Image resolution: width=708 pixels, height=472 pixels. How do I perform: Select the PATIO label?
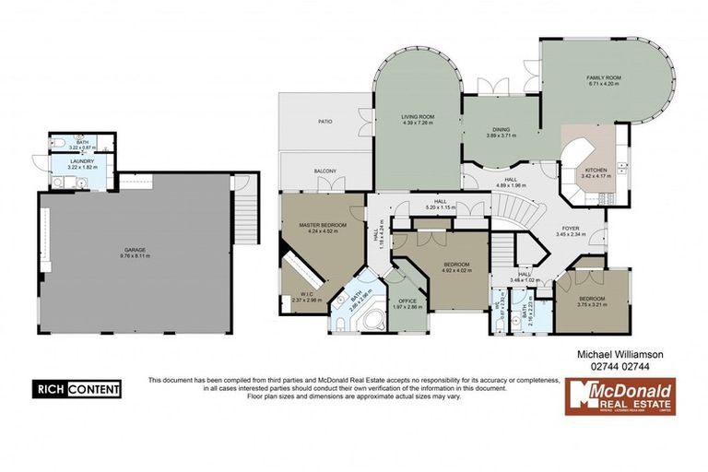click(325, 121)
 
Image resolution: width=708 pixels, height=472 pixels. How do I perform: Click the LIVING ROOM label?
click(418, 117)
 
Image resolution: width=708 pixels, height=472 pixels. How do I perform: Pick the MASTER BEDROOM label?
click(323, 225)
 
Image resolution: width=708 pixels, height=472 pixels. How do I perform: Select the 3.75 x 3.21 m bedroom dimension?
click(592, 305)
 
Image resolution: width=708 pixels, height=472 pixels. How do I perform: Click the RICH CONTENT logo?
click(77, 389)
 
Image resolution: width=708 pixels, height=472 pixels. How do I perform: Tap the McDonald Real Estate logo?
click(620, 397)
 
